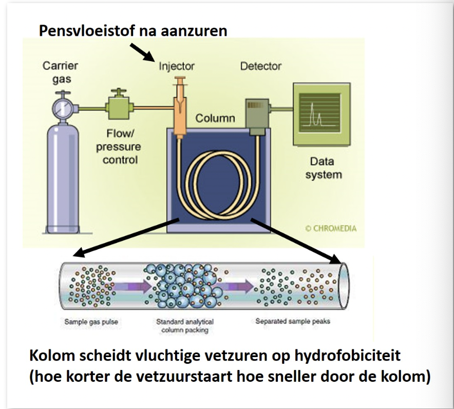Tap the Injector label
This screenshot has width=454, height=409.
coord(177,66)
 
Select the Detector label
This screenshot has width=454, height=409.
coord(260,66)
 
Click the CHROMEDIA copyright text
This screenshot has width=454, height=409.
coord(331,229)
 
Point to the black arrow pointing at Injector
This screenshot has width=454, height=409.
coord(141,52)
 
